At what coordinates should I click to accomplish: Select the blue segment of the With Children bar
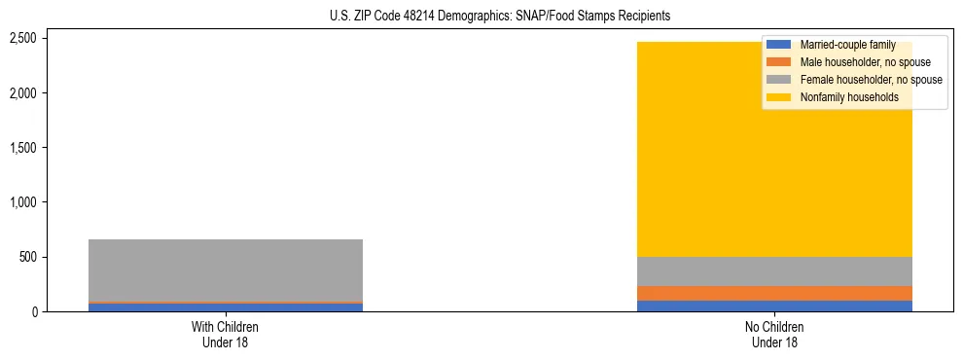click(226, 307)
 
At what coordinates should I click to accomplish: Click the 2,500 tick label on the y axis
click(50, 38)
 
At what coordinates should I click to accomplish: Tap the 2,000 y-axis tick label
click(50, 93)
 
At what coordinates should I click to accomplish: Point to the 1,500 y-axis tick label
click(50, 148)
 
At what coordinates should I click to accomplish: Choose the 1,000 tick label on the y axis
click(50, 202)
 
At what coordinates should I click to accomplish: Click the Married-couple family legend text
click(847, 45)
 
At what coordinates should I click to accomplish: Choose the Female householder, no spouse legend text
click(871, 80)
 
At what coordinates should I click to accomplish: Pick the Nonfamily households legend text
click(849, 97)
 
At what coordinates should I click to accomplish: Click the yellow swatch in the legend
click(779, 97)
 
